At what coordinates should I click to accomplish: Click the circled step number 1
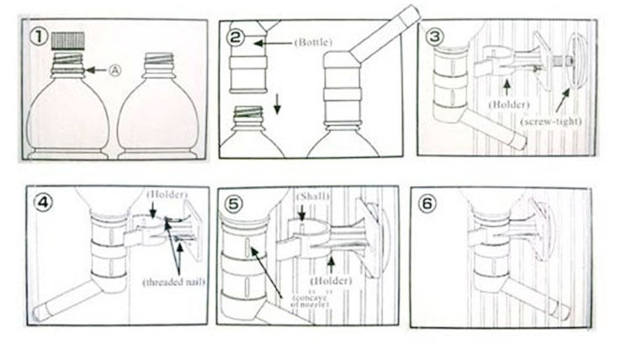(39, 37)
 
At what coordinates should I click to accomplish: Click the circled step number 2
(236, 37)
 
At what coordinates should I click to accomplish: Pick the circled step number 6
(427, 203)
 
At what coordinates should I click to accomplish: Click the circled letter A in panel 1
(116, 71)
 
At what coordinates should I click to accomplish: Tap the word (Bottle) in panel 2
(313, 41)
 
